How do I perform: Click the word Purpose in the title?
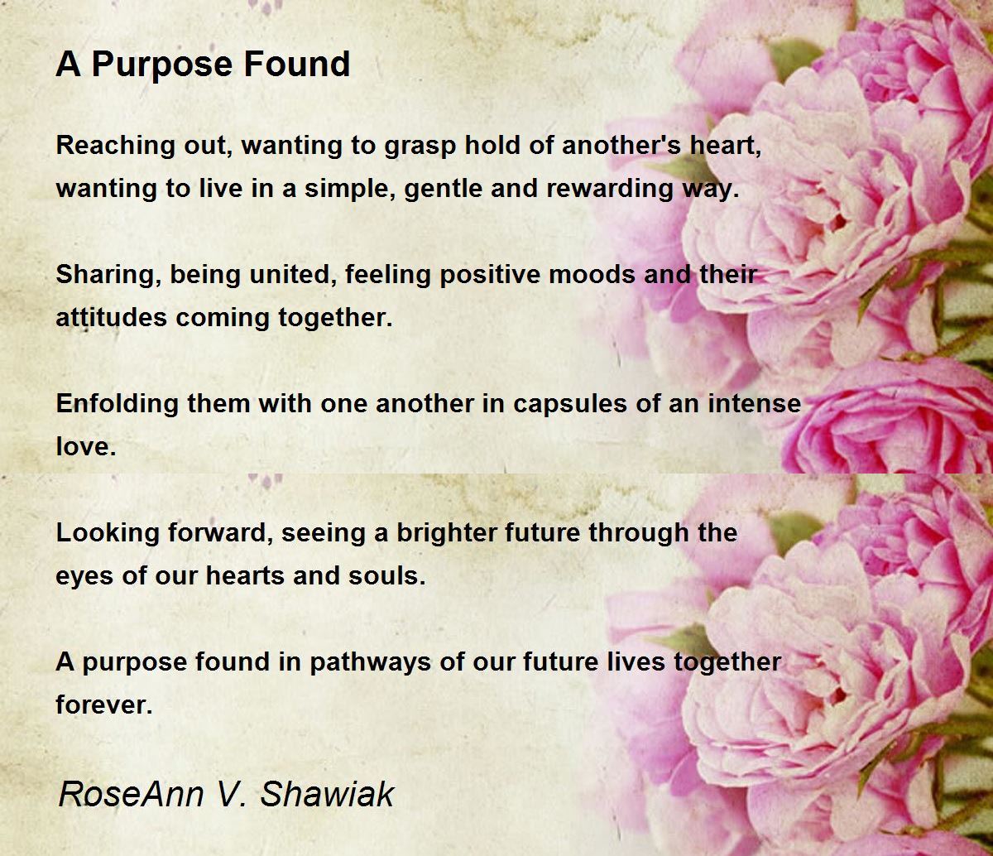[157, 65]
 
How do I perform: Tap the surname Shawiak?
[328, 795]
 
